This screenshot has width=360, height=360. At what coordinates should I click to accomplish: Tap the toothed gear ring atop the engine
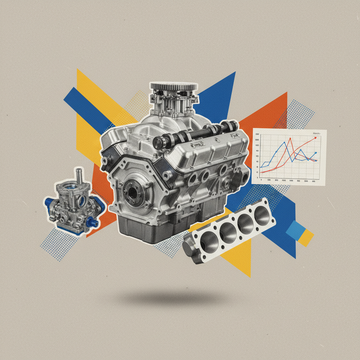pyautogui.click(x=173, y=86)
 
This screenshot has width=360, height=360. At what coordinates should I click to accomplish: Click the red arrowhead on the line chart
pyautogui.click(x=315, y=138)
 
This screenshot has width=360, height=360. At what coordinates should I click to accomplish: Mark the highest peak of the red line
pyautogui.click(x=290, y=139)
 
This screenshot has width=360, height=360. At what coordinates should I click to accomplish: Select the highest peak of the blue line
pyautogui.click(x=284, y=143)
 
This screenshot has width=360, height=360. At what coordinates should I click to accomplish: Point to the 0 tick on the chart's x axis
pyautogui.click(x=261, y=180)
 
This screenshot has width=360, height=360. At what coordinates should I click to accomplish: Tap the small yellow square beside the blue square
pyautogui.click(x=306, y=238)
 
